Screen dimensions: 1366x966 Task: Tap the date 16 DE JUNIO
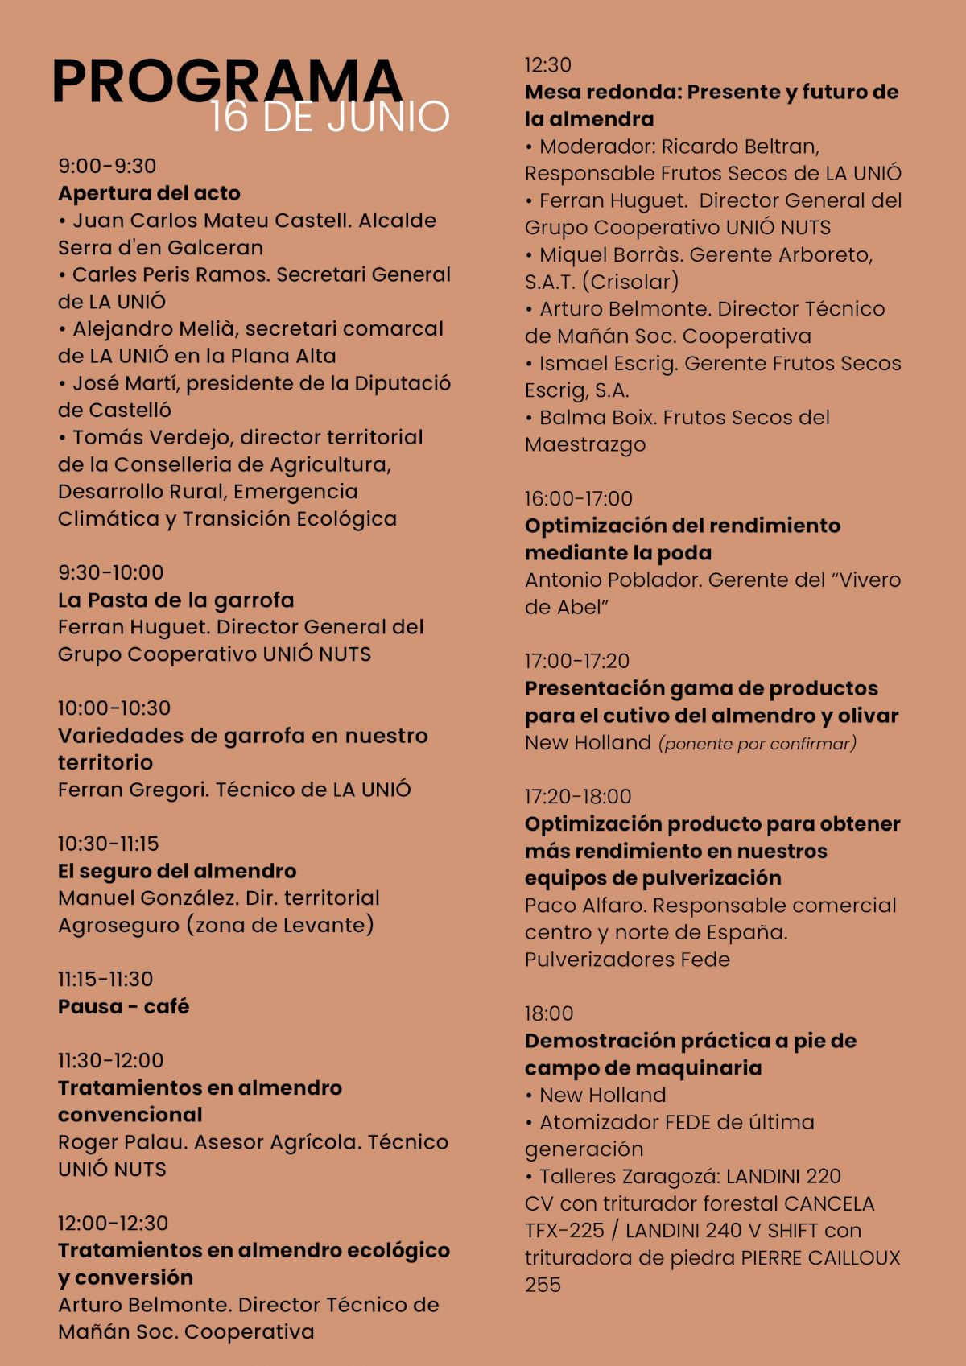pos(329,117)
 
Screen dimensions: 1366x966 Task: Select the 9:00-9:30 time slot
pos(107,167)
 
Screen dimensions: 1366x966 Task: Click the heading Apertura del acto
pos(149,193)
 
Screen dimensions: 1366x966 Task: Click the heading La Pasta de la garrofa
pos(175,600)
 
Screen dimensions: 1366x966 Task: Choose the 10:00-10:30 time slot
pos(114,708)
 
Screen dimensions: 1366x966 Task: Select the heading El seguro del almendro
pos(177,871)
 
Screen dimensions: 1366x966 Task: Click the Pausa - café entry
pos(123,1006)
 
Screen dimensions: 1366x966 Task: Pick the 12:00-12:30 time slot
pos(113,1224)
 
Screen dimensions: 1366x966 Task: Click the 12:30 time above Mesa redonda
pos(547,65)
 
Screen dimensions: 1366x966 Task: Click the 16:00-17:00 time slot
pos(579,499)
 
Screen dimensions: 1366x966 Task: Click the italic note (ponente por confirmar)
pos(758,744)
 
